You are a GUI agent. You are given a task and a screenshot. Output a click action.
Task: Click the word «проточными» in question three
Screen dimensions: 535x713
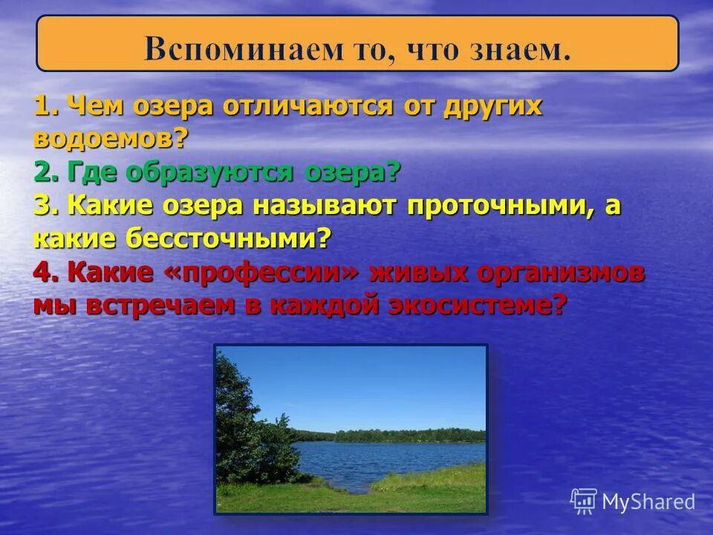point(500,207)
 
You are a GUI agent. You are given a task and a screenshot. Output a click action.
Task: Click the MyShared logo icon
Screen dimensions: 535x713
point(584,501)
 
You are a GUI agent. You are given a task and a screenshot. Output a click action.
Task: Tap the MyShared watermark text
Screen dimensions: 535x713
point(648,502)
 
